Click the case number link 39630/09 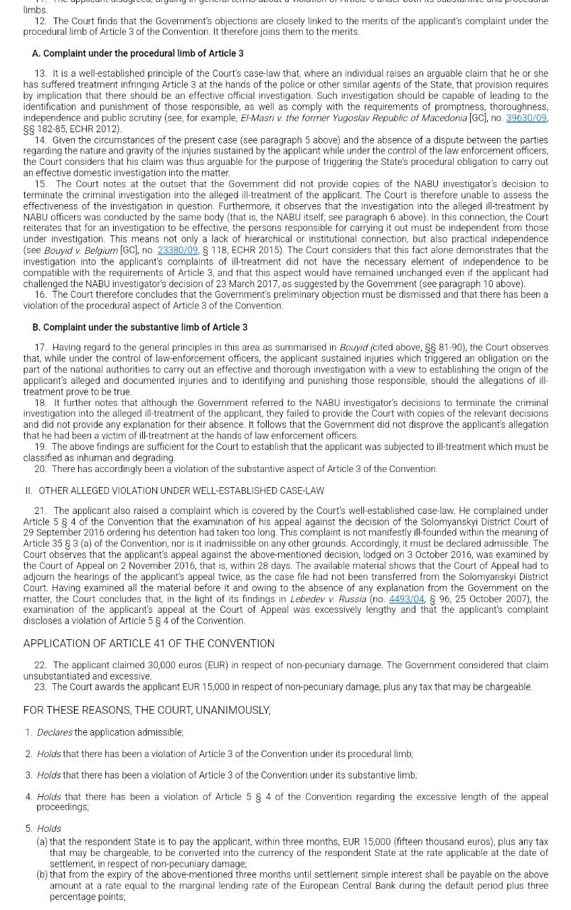[525, 118]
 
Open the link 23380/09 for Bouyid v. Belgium [177, 250]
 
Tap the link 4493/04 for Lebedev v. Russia [406, 599]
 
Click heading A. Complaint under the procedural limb [137, 53]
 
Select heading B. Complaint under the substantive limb [139, 327]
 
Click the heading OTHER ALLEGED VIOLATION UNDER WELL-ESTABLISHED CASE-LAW [181, 491]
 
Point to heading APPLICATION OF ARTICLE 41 [149, 643]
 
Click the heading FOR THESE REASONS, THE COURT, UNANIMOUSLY [146, 710]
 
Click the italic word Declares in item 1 [55, 732]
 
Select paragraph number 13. [41, 74]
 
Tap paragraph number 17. [41, 348]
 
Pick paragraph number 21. [41, 511]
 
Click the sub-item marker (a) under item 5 [42, 842]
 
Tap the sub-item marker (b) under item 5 [42, 874]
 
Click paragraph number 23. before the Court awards [41, 687]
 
